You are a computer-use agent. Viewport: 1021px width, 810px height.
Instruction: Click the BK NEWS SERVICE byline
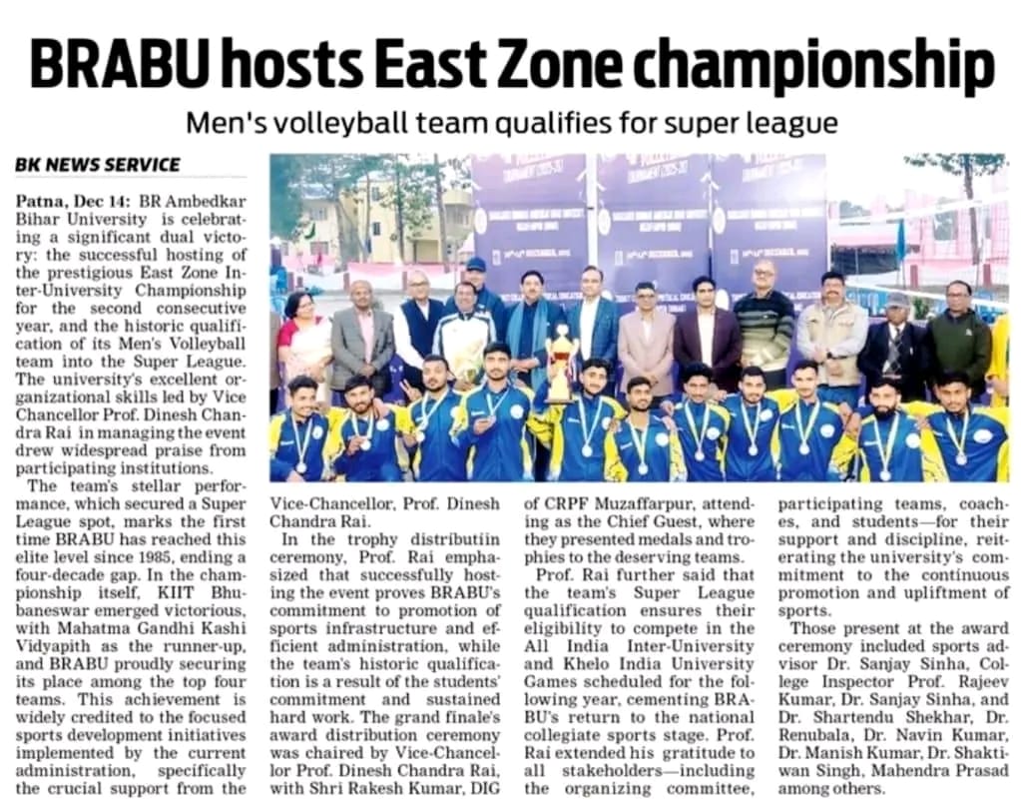(x=98, y=165)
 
